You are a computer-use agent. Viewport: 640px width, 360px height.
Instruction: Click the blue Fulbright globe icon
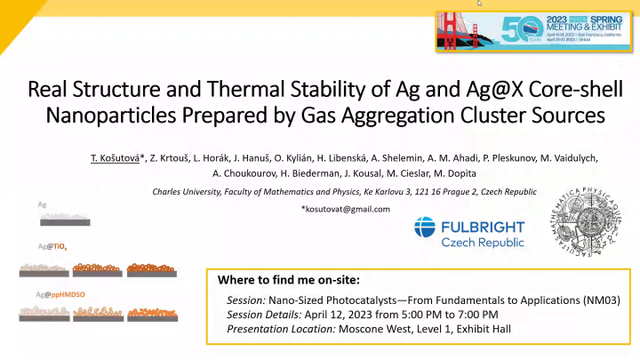[425, 230]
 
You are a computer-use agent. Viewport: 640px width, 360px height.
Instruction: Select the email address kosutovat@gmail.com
[347, 209]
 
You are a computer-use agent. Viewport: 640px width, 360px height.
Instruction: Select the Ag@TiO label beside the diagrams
[52, 245]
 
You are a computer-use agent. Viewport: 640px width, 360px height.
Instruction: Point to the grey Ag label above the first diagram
[42, 204]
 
